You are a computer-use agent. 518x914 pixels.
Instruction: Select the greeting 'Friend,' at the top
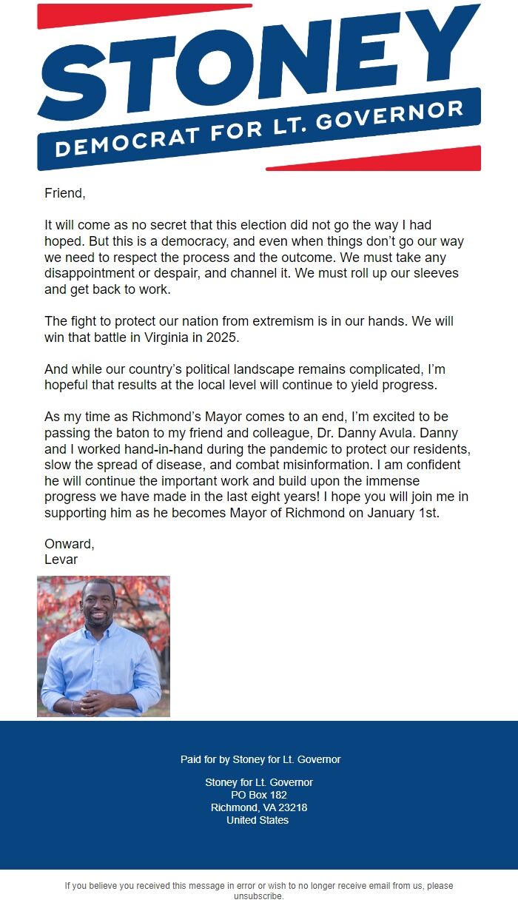click(x=65, y=194)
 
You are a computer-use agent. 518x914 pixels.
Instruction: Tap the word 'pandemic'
click(x=294, y=448)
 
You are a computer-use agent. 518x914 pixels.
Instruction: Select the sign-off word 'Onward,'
click(x=70, y=544)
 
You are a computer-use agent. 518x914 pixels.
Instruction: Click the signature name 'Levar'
click(x=61, y=560)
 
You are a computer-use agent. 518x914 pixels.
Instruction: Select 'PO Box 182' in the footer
click(x=258, y=795)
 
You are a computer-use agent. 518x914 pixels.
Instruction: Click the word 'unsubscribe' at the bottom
click(x=258, y=896)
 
